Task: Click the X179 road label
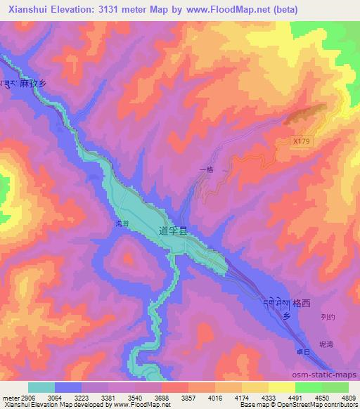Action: pos(301,141)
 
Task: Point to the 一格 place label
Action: pos(205,169)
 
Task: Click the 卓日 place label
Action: pos(302,351)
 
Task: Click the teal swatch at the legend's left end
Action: pos(41,387)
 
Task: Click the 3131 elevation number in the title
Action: pos(129,9)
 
